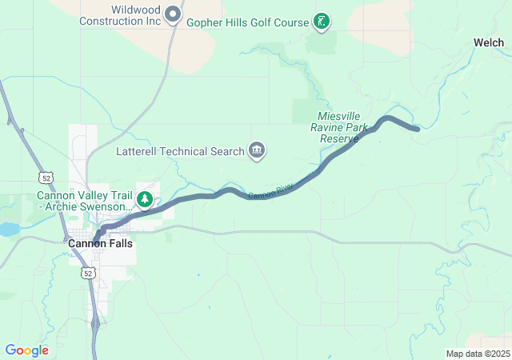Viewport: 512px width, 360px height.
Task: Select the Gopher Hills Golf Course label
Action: click(247, 22)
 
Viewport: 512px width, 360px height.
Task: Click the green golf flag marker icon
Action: click(321, 21)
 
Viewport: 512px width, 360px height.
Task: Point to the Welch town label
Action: click(488, 42)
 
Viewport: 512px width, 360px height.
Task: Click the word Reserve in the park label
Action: click(339, 138)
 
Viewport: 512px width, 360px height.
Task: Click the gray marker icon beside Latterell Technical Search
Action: click(257, 150)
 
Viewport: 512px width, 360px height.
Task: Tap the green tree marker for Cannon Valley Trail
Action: click(145, 199)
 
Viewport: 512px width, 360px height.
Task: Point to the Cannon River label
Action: click(270, 191)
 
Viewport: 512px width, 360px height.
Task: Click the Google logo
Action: click(26, 350)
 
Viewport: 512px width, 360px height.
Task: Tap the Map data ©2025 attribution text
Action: click(477, 354)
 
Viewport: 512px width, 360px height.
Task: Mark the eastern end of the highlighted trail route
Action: click(417, 129)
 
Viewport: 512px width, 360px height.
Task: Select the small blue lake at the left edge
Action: click(8, 230)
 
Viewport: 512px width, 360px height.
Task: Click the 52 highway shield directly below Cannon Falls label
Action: click(88, 273)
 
